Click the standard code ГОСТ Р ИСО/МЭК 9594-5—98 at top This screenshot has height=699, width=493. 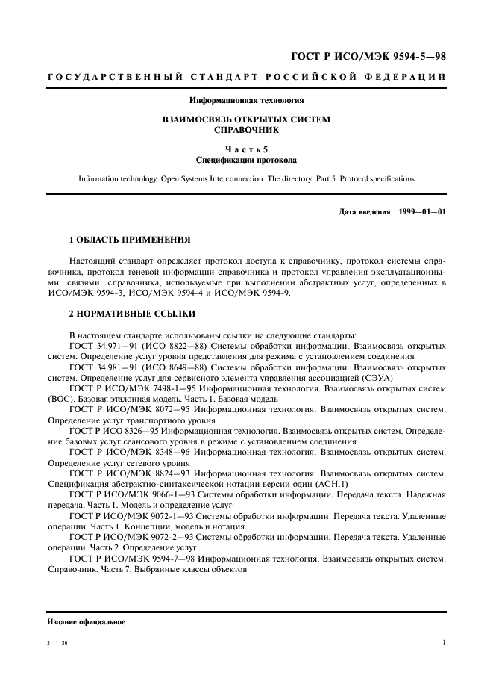(x=368, y=57)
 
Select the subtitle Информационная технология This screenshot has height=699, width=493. (x=246, y=100)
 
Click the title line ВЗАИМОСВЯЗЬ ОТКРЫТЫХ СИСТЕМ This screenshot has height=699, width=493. (x=246, y=119)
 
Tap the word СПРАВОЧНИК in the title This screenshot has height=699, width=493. (x=246, y=129)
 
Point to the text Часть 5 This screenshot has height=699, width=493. (x=246, y=149)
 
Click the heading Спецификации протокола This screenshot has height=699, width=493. (x=246, y=160)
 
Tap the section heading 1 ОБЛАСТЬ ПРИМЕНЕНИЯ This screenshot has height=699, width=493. (x=130, y=240)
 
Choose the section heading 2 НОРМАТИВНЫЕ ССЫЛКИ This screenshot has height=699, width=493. (x=132, y=314)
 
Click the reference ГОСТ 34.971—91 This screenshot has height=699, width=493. (x=101, y=347)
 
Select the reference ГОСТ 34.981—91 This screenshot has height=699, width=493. (x=101, y=367)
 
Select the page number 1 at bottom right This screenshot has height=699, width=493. (x=444, y=642)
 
